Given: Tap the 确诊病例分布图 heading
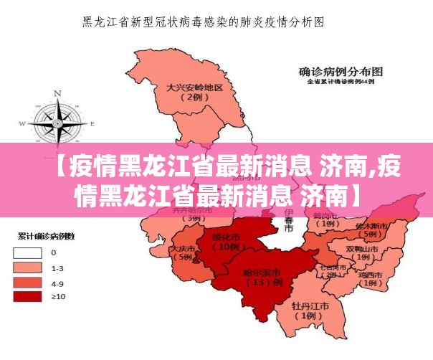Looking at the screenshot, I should (341, 72).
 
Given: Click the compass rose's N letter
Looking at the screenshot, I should (58, 93).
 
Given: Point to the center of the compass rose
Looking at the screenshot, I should (57, 123).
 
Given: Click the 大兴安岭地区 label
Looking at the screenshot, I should (194, 87).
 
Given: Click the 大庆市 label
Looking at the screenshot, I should (182, 248).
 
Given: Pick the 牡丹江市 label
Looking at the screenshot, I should (310, 305).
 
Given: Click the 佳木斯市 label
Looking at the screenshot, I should (371, 225).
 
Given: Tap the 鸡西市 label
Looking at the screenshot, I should (370, 274).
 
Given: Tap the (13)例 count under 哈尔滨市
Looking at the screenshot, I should (260, 283).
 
